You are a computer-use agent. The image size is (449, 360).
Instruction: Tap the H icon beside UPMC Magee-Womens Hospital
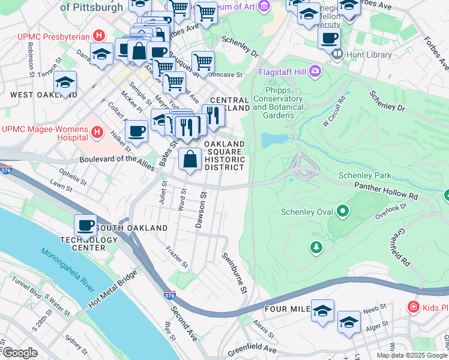point(97,130)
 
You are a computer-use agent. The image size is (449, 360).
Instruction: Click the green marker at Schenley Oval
point(343,211)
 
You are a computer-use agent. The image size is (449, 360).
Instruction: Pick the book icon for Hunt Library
point(337,54)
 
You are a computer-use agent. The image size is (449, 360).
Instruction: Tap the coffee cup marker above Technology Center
point(85,226)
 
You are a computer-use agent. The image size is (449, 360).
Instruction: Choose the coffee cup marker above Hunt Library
point(329,38)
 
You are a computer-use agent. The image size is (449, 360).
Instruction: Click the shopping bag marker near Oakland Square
point(190,160)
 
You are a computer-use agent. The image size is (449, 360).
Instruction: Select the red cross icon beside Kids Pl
point(413,307)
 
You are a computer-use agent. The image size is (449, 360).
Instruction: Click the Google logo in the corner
point(20,353)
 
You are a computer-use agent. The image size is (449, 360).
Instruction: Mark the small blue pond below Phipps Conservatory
point(273,140)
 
